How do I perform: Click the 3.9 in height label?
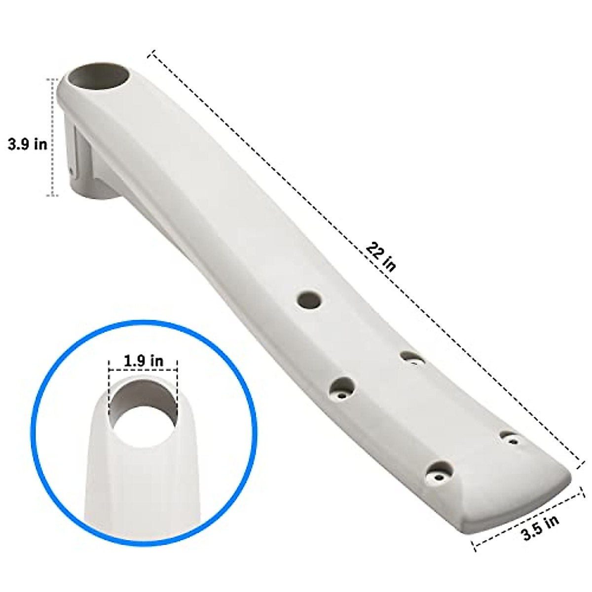pyautogui.click(x=28, y=145)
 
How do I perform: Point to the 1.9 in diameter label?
pyautogui.click(x=143, y=361)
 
